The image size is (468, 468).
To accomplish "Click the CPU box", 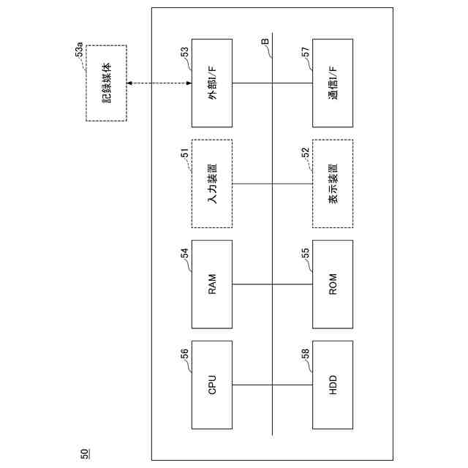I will click(212, 385).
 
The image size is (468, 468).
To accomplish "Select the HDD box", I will click(333, 385).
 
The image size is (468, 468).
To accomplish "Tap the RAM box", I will click(212, 284).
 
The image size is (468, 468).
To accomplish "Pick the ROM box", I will click(333, 284).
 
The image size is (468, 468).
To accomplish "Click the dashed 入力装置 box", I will click(212, 184).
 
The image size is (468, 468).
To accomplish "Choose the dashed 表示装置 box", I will click(333, 184).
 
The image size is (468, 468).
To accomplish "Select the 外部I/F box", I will click(212, 83).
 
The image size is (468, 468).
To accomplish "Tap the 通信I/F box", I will click(333, 83).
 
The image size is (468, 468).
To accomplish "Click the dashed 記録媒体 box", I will click(106, 83).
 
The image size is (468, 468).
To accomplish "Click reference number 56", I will click(185, 354).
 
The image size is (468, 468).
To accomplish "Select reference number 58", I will click(306, 354).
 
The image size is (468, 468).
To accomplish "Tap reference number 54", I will click(185, 253).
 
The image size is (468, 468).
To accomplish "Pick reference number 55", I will click(306, 253).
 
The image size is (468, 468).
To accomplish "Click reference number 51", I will click(185, 153).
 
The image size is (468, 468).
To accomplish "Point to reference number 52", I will click(306, 153).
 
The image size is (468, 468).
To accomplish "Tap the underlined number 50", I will click(85, 453).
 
